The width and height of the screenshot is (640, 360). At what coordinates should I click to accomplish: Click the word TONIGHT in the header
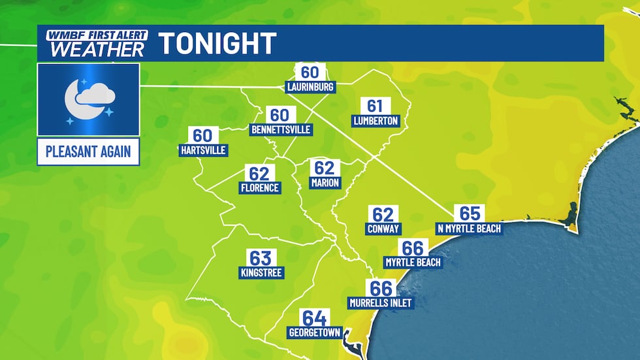[x=218, y=44]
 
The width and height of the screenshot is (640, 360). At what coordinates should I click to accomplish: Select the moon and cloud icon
[x=88, y=100]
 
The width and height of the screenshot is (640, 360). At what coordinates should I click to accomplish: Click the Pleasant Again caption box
[x=88, y=153]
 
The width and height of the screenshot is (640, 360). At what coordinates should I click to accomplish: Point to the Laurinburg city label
[x=310, y=87]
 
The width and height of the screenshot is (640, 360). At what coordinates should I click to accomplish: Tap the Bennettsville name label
[x=281, y=129]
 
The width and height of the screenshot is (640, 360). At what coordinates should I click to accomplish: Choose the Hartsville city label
[x=203, y=150]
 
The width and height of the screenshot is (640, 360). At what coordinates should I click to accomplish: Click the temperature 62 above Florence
[x=259, y=174]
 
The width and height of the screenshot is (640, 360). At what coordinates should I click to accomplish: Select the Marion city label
[x=325, y=182]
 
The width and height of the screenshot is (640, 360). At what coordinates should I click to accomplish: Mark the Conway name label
[x=383, y=229]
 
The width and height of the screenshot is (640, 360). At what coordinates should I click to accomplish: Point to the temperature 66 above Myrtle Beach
[x=413, y=248]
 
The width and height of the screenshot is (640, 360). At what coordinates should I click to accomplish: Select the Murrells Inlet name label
[x=381, y=303]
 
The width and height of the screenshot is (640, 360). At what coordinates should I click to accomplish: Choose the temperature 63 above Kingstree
[x=260, y=257]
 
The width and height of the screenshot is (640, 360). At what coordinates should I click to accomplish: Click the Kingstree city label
[x=261, y=272]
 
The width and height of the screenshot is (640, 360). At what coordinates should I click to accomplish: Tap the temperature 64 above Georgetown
[x=314, y=318]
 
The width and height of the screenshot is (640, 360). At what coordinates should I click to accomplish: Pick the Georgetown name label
[x=315, y=333]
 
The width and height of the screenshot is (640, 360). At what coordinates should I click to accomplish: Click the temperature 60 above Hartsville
[x=202, y=135]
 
